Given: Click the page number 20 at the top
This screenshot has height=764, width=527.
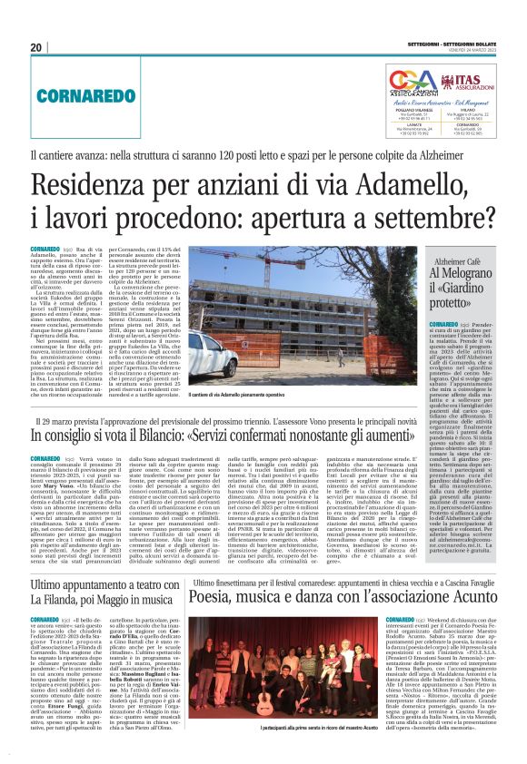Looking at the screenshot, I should pos(36,47).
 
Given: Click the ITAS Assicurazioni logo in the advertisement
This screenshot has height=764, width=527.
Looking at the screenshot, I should pos(462,83).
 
